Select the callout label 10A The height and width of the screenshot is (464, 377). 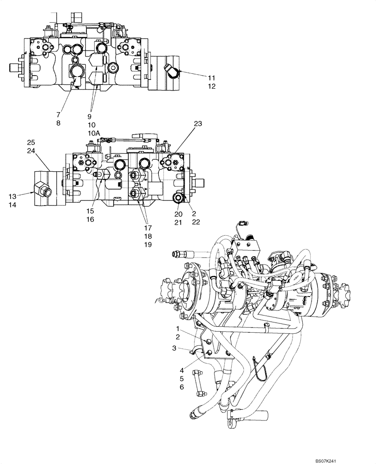pos(94,133)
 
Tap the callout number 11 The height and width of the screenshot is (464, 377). pos(211,77)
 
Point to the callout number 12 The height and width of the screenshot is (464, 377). pos(211,86)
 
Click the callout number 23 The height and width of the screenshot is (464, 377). pos(198,124)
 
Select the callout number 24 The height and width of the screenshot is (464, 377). pos(31,151)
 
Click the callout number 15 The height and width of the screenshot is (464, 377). pos(90,210)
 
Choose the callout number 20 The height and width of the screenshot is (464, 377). pos(178,214)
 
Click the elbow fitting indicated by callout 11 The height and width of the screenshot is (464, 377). pos(171,71)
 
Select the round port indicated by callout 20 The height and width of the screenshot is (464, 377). pos(178,199)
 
